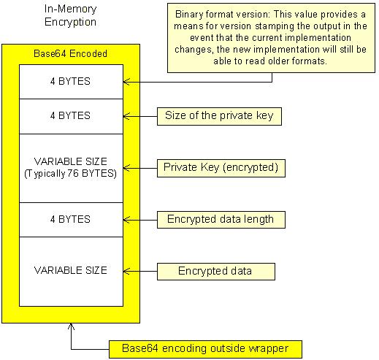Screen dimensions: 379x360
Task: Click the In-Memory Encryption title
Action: (70, 15)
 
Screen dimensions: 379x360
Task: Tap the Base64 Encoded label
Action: (70, 53)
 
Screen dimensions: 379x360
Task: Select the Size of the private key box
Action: (219, 116)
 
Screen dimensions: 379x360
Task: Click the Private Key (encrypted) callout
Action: (221, 168)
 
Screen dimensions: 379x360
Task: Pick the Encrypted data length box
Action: (221, 220)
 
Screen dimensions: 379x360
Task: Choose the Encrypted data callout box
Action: (216, 272)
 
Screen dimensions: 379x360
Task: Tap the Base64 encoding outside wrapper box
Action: (205, 349)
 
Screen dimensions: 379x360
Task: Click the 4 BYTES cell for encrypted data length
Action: (71, 220)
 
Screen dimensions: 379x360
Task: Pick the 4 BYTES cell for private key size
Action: (71, 116)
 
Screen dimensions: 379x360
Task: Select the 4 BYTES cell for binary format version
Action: (71, 82)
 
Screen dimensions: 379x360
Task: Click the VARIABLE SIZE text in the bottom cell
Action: (70, 270)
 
